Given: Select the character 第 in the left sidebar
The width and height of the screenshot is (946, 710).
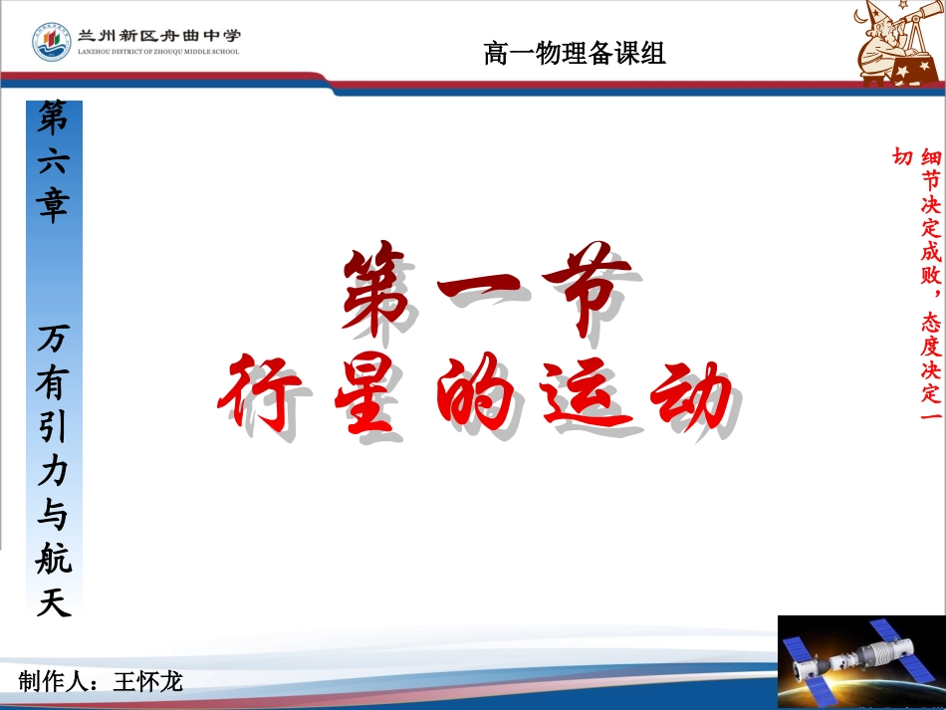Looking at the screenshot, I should (x=54, y=119).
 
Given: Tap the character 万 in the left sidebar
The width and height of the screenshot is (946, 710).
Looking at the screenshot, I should (x=54, y=342).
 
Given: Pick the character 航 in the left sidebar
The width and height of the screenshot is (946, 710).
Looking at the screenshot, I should (x=54, y=559).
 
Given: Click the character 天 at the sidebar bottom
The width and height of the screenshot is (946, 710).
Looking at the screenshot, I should (x=54, y=601).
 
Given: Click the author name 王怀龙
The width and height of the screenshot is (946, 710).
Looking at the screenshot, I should (x=148, y=682).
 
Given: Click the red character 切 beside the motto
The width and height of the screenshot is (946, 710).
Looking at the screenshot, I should (x=902, y=157).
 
